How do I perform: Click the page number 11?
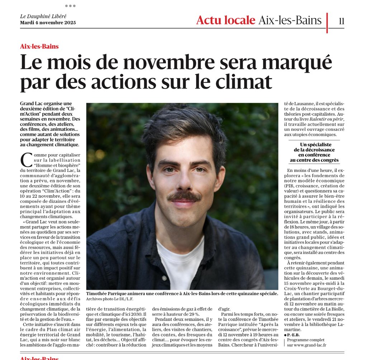click(341, 21)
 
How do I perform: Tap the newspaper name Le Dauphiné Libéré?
click(43, 16)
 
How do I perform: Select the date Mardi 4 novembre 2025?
click(48, 23)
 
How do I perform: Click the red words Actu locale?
click(225, 20)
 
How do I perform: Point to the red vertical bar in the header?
click(327, 23)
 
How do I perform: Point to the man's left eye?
click(200, 169)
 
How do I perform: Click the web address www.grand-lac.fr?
click(309, 345)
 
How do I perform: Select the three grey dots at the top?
click(70, 6)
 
